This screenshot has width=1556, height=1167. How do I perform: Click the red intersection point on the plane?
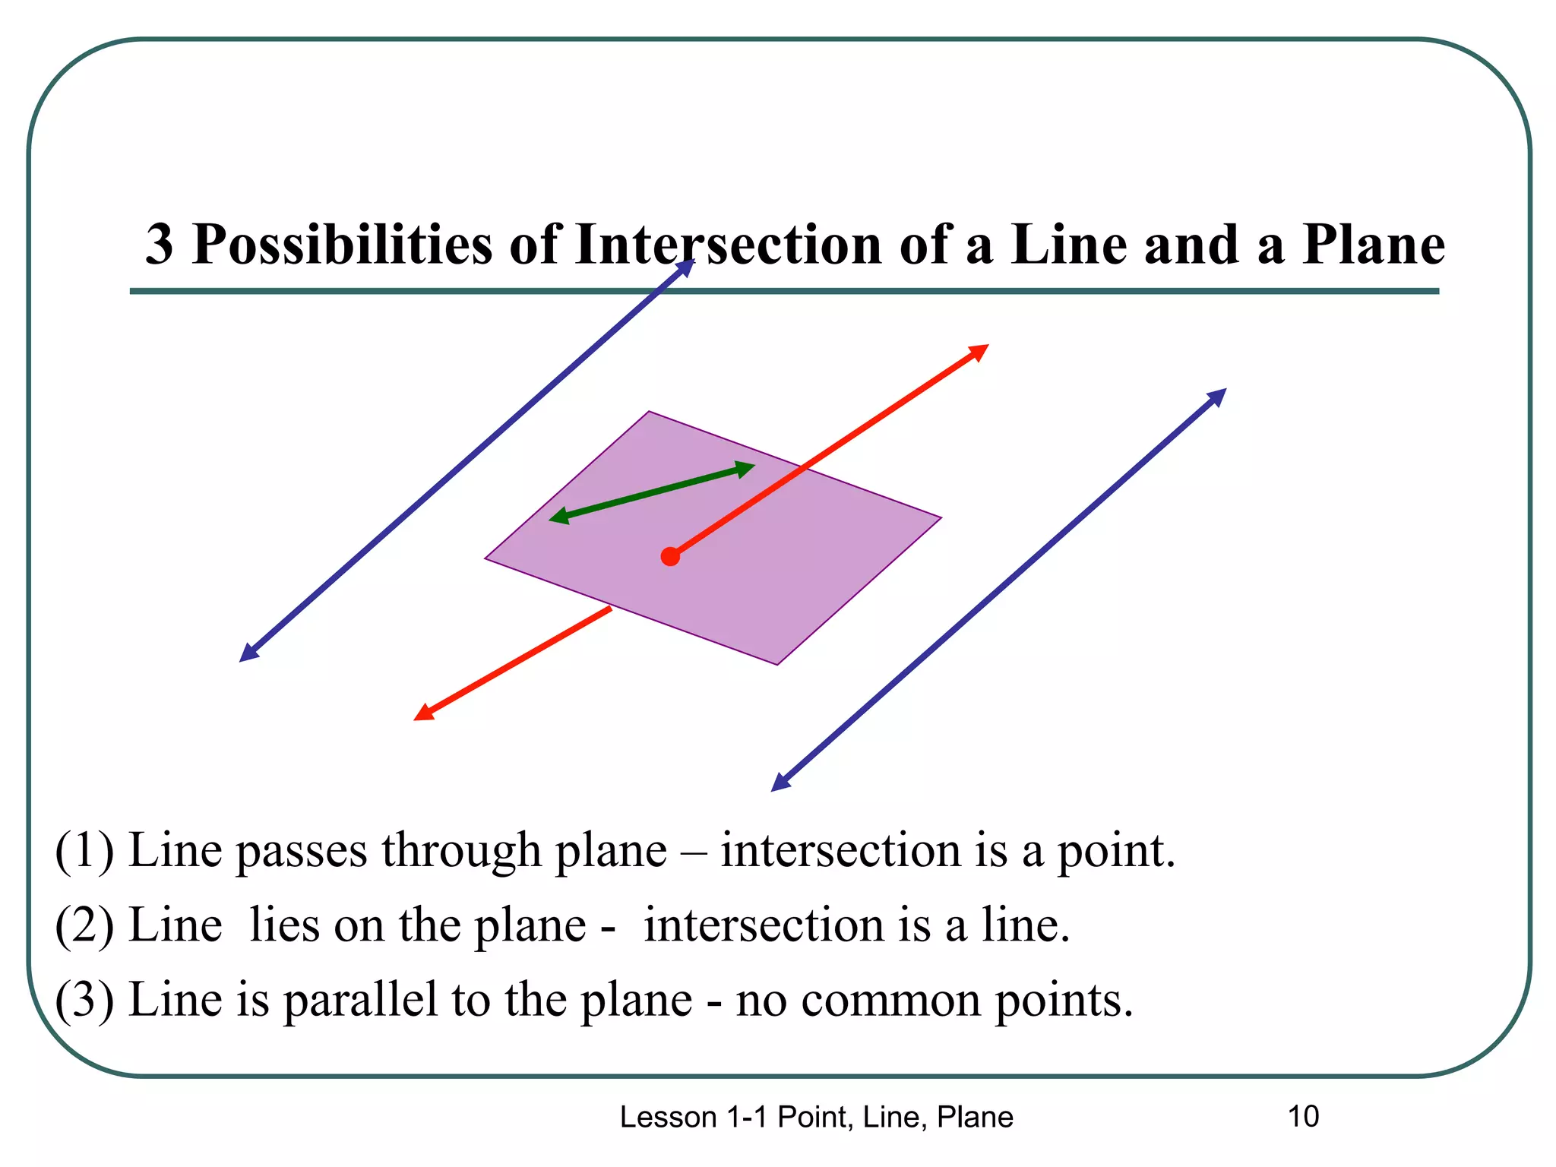(670, 557)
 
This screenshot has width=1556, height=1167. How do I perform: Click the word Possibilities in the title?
(342, 245)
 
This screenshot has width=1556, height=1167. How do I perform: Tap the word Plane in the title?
(1373, 245)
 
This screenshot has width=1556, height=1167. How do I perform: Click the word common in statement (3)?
(890, 1001)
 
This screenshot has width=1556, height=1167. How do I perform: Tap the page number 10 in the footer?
(1303, 1117)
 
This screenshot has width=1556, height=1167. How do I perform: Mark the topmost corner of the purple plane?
(650, 413)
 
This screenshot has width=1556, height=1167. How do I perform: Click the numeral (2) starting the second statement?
(84, 925)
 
